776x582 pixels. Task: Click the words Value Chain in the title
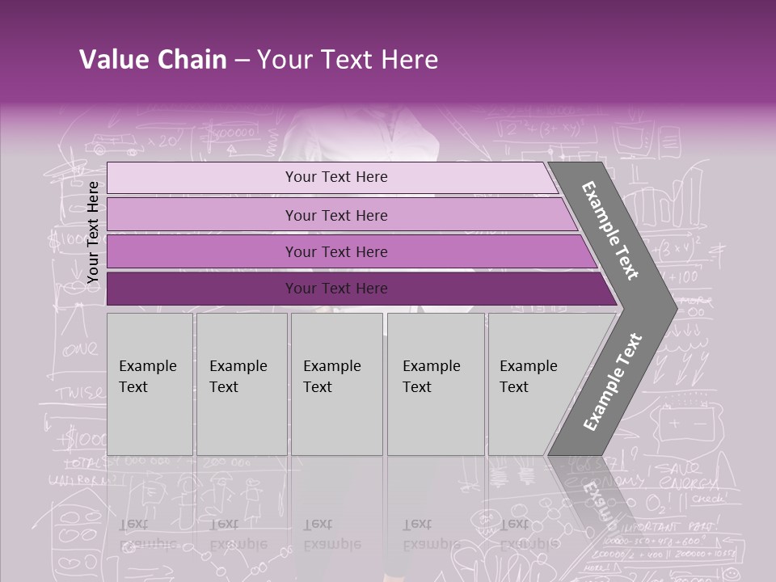coord(153,60)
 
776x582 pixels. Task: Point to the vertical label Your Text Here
coord(93,232)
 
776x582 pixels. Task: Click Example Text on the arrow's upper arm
coord(610,230)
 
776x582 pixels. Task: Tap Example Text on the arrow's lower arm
coord(613,382)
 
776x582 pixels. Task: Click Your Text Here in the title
coord(348,60)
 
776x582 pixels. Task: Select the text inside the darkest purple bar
coord(336,289)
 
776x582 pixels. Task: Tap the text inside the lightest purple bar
coord(336,177)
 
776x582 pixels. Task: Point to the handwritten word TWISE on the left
coord(79,394)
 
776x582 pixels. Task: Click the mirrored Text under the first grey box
coord(133,524)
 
